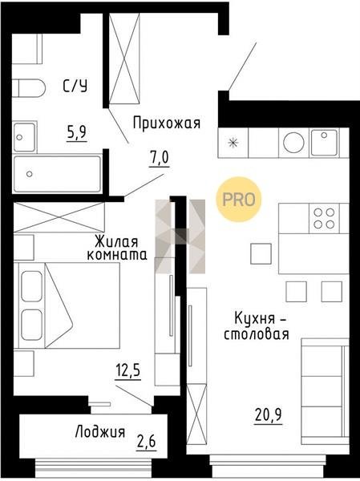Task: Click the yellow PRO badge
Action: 238,200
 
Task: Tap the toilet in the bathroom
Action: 28,88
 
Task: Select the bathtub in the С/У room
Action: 58,174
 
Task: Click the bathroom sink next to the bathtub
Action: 24,137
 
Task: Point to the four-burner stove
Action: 324,218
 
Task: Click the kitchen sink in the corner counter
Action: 324,143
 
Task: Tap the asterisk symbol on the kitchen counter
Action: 233,143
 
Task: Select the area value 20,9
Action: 269,415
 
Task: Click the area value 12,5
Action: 128,370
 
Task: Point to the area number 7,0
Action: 159,159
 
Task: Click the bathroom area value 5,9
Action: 77,133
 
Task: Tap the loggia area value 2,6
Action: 147,442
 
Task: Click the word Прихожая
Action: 167,123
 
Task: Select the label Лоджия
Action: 100,431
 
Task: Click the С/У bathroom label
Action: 75,86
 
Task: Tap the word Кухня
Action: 255,319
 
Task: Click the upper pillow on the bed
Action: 31,286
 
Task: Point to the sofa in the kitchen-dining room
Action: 326,391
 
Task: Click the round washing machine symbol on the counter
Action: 293,143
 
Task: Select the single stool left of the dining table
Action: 261,253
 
